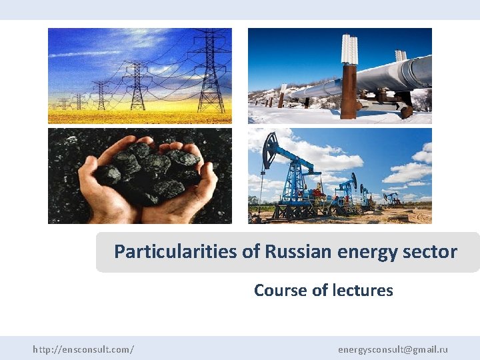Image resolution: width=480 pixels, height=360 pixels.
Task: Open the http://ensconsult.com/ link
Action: point(83,349)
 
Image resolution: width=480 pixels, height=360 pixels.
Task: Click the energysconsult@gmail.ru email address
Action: point(393,349)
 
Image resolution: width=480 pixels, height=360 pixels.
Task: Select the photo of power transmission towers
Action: point(140,75)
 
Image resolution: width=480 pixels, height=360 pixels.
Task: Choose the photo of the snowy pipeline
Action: point(339,75)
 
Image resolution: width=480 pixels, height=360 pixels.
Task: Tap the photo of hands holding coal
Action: point(140,176)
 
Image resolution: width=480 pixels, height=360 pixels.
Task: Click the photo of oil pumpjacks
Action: point(339,176)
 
